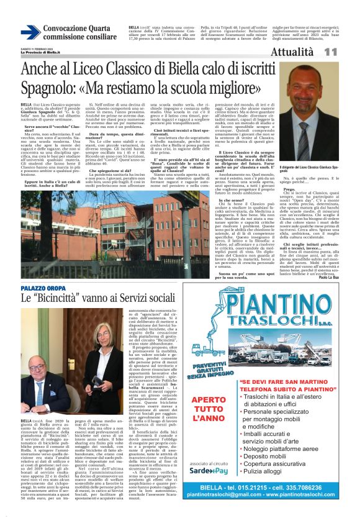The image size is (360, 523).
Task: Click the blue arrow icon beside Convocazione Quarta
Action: [x=30, y=32]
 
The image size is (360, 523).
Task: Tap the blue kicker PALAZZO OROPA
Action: [x=43, y=289]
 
